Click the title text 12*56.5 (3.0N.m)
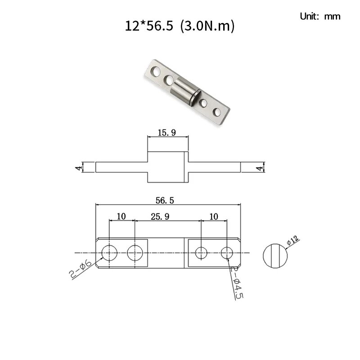tap(180, 26)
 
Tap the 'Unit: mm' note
tap(320, 16)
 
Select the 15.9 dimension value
tap(166, 133)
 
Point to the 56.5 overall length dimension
tap(165, 200)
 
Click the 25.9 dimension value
tap(160, 216)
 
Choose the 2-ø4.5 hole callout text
tap(237, 283)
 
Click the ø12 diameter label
tap(293, 240)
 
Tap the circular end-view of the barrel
tap(275, 256)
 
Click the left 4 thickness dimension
tap(79, 167)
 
